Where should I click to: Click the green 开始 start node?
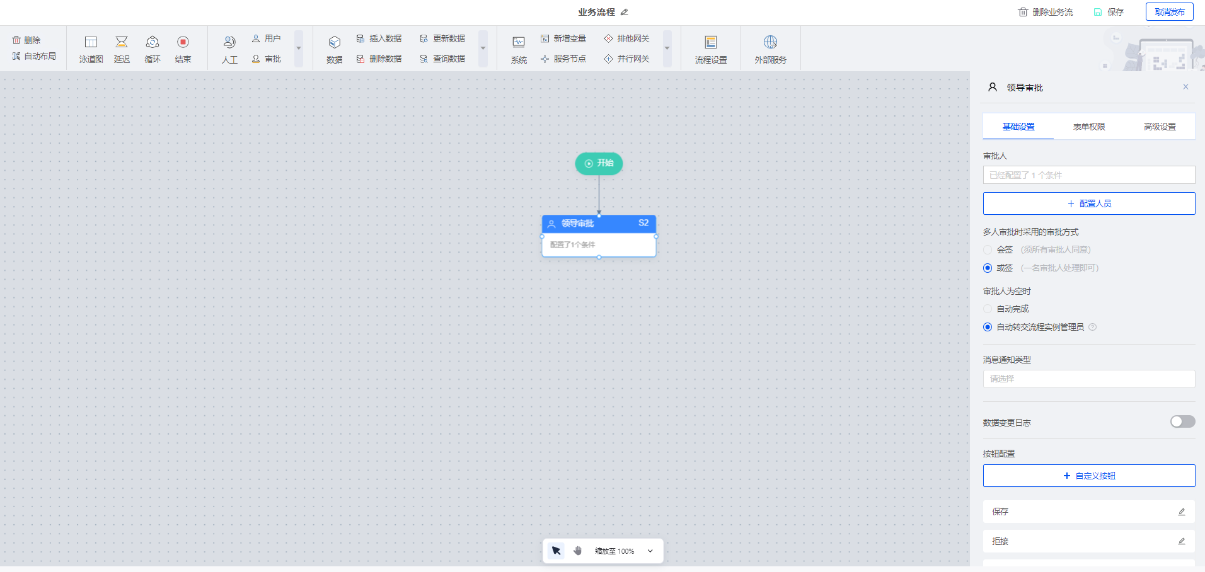tap(599, 163)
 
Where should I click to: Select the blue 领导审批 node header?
tap(599, 224)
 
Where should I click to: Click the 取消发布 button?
tap(1169, 12)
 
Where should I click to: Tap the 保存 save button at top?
tap(1109, 12)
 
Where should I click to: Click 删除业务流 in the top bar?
tap(1046, 12)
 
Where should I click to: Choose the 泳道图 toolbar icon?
tap(91, 42)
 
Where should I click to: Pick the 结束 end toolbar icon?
tap(183, 42)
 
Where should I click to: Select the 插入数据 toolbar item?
tap(379, 38)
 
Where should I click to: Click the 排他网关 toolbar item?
tap(626, 38)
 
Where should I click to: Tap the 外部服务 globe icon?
tap(770, 42)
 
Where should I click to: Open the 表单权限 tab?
tap(1089, 127)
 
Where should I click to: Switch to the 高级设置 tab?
tap(1160, 127)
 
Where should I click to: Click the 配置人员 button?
tap(1089, 203)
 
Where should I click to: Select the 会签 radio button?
tap(988, 250)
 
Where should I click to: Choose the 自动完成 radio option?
tap(988, 309)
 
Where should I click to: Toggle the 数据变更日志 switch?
tap(1182, 421)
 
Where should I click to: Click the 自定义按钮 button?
tap(1089, 476)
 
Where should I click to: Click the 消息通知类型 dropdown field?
tap(1089, 379)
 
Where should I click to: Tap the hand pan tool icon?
tap(578, 551)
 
